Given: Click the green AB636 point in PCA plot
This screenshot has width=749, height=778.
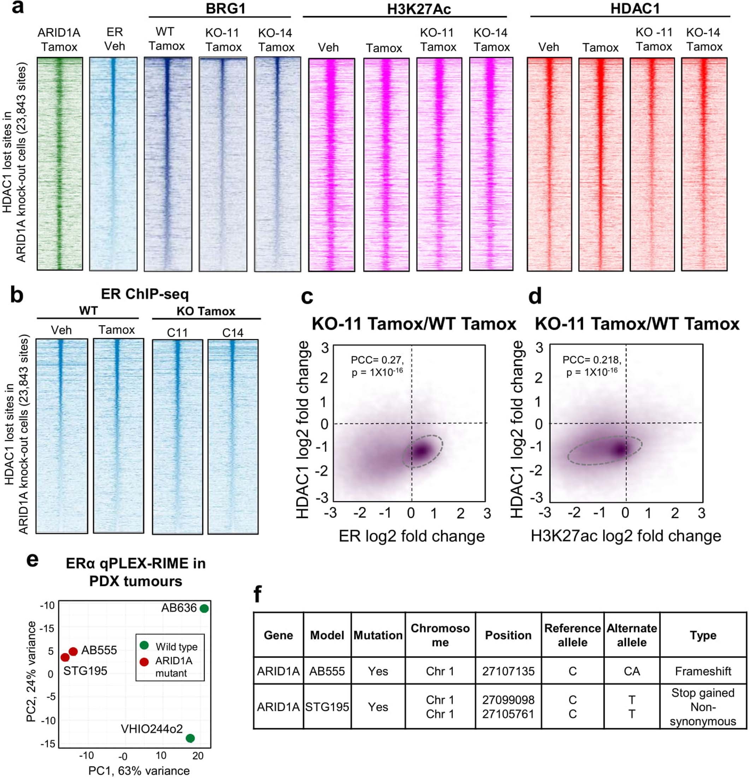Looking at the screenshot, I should coord(204,609).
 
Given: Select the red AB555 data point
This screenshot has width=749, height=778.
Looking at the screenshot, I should coord(73,651).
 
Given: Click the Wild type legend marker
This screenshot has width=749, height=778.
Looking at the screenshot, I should coord(144,645).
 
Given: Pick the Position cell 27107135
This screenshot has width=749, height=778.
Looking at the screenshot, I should coord(508,671).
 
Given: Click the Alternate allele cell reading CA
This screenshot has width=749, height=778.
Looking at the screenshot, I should coord(632,671).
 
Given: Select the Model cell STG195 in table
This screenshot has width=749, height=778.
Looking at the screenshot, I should coord(327,707).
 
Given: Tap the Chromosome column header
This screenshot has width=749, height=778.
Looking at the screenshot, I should coord(440,635).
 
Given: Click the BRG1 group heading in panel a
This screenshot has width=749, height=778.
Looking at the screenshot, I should coord(225,9).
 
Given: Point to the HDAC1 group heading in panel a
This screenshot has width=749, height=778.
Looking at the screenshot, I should coord(635,9).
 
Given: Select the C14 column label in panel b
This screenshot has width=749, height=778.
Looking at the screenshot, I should coord(232,333).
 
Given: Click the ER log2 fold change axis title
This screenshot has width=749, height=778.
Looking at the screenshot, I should coord(411,536).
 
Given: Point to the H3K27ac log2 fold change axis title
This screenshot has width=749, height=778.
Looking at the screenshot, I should coord(626,536).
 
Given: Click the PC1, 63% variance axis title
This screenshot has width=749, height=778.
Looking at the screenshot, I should coord(139,771).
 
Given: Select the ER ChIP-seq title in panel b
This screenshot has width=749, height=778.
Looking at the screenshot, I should coord(145,294).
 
